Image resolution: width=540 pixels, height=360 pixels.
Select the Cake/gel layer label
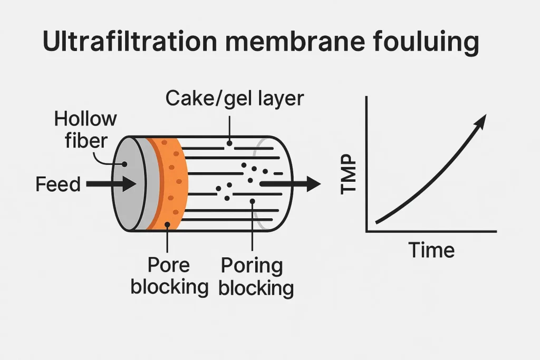coord(235,98)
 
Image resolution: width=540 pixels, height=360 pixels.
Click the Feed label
coord(58,184)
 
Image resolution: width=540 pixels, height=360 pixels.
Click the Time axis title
coord(432,249)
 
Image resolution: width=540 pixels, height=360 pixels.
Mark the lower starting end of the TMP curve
coord(377,222)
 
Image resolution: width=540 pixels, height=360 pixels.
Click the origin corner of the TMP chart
coord(367,231)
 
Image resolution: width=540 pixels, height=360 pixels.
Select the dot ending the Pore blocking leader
coord(167,225)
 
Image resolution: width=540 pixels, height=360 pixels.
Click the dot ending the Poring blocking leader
coord(253,200)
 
